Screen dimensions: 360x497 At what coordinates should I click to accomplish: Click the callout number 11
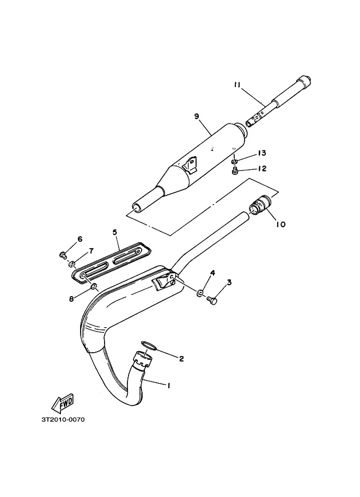tap(237, 84)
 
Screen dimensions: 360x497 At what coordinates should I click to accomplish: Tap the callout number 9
tap(197, 116)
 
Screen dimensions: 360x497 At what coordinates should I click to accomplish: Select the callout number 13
tap(261, 153)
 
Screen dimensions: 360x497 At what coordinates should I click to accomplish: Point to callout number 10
tap(280, 224)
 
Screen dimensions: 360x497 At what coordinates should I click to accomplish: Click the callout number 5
tap(115, 232)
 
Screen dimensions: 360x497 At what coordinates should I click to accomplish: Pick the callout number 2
tap(181, 359)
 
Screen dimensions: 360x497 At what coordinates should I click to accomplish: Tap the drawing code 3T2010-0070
tap(63, 420)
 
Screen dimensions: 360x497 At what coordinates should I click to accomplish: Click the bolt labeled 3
tap(211, 299)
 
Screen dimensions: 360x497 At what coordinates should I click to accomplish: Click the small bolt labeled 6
tap(63, 254)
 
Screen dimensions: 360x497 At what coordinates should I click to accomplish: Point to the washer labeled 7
tap(72, 263)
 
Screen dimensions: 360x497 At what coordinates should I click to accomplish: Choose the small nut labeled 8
tap(94, 287)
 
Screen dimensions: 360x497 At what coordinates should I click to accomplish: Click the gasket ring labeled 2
tap(149, 346)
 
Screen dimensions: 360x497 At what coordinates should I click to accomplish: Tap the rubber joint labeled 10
tap(261, 205)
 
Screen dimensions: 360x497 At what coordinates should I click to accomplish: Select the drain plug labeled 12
tap(235, 171)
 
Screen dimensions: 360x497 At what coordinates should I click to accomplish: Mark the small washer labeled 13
tap(234, 162)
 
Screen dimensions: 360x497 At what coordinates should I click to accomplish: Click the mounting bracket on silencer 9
tap(190, 166)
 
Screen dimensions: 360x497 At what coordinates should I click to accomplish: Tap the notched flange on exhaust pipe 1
tap(143, 359)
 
